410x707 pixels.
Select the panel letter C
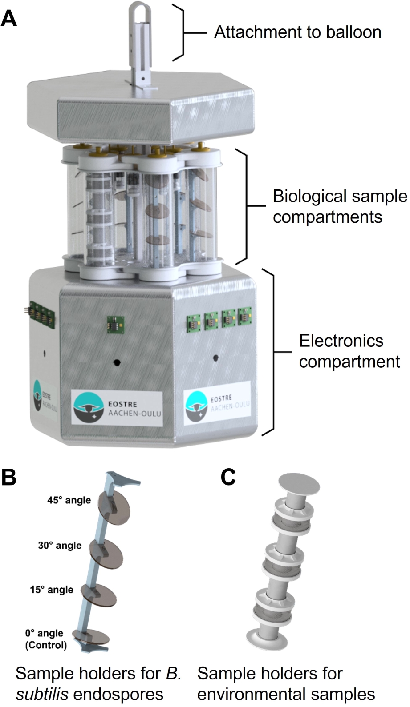click(x=228, y=477)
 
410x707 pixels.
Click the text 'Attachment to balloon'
click(x=297, y=32)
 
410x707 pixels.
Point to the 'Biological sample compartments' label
click(x=340, y=207)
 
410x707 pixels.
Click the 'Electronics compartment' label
click(x=349, y=351)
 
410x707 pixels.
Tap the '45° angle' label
click(x=69, y=500)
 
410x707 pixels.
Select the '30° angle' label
click(x=60, y=546)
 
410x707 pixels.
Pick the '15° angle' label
click(x=52, y=590)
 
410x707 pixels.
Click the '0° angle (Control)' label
click(x=45, y=639)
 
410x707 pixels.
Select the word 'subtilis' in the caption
click(x=42, y=694)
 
